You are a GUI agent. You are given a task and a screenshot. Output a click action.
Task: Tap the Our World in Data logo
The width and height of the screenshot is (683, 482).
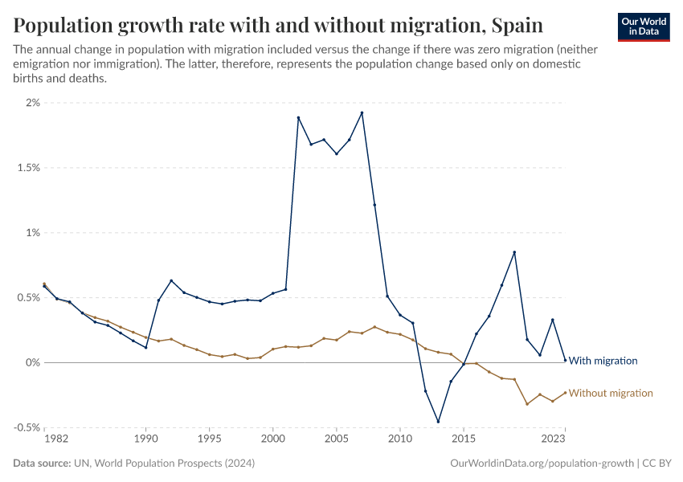[643, 26]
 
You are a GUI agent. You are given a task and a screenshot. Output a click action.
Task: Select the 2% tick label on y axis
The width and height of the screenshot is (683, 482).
[32, 103]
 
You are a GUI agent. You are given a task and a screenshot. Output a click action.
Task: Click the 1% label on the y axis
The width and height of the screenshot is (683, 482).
[32, 233]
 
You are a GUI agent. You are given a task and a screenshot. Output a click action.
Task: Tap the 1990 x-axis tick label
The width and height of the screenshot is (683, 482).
[146, 439]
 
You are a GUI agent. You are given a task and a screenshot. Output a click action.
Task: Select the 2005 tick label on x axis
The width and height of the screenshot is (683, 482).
[336, 439]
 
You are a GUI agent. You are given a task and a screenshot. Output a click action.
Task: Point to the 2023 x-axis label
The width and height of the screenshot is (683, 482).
[554, 439]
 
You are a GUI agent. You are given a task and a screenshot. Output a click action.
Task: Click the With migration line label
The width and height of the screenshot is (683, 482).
[603, 361]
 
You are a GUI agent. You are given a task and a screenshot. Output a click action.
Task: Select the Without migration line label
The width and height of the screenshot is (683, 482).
[611, 393]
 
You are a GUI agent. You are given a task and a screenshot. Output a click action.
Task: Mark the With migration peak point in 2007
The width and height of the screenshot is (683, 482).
[362, 112]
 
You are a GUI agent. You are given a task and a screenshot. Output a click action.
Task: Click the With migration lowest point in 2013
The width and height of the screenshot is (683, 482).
[438, 421]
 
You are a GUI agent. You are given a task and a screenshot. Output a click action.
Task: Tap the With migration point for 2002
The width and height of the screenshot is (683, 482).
[298, 117]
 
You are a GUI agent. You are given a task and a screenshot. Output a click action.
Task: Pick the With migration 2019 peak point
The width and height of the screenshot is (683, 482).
[514, 252]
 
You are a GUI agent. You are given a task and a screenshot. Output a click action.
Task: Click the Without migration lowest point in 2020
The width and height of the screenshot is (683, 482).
[527, 403]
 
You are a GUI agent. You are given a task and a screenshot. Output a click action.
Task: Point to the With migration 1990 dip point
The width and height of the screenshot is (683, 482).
[146, 347]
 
